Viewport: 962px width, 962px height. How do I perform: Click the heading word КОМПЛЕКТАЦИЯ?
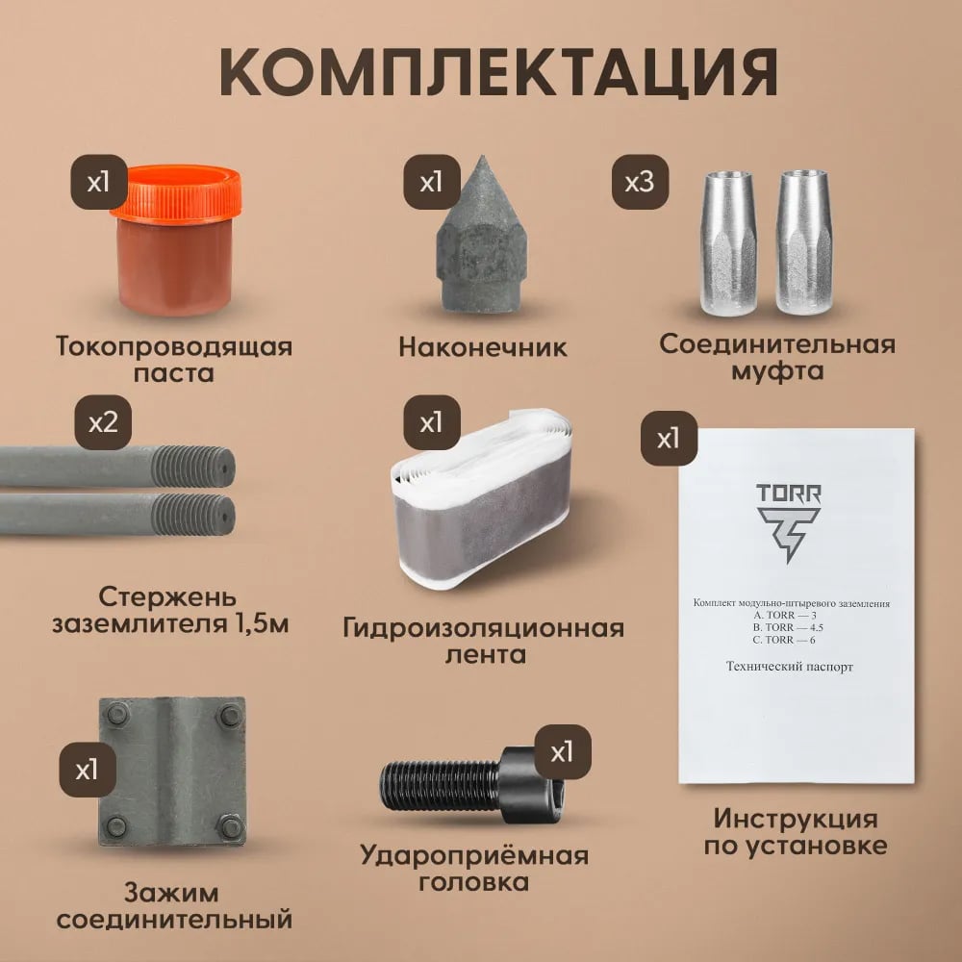(498, 72)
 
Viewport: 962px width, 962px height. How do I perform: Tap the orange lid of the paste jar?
(177, 191)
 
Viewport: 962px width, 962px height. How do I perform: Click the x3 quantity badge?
(640, 182)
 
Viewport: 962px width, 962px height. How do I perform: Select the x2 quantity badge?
(103, 422)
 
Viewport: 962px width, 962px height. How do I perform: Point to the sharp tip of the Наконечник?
(483, 157)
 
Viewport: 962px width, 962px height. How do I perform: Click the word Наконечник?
(483, 347)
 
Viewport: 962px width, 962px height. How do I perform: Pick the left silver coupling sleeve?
(728, 243)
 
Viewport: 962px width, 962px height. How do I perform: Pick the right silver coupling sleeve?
(803, 243)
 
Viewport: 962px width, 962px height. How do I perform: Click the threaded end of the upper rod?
(193, 467)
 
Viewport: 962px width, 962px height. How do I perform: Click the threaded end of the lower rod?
(193, 514)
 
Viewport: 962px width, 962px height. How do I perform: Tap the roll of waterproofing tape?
(482, 498)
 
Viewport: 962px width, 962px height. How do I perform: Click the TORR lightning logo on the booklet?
(789, 533)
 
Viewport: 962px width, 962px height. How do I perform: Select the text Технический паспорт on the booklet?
(790, 667)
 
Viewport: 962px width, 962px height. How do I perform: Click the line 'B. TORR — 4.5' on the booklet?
(789, 627)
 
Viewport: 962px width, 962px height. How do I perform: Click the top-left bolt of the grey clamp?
(117, 714)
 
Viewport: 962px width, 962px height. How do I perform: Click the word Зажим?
(172, 894)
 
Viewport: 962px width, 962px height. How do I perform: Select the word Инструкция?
(796, 820)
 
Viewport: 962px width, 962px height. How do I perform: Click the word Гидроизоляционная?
(484, 629)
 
